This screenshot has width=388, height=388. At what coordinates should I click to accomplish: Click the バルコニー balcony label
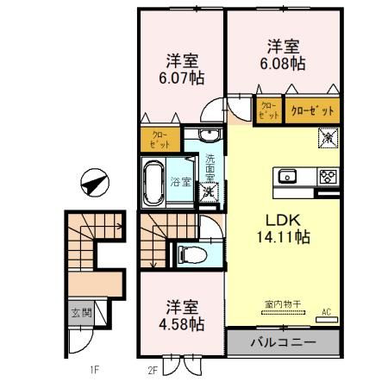click(x=283, y=342)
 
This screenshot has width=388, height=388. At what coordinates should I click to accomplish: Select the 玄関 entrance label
click(x=79, y=311)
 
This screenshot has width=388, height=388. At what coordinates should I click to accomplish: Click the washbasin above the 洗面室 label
click(x=209, y=135)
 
